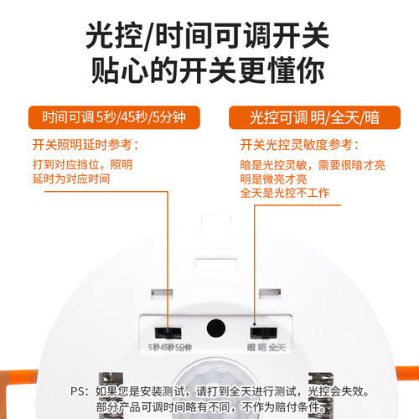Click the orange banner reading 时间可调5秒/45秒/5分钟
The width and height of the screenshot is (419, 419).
[x=108, y=116]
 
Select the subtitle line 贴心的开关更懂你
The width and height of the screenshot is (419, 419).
[x=209, y=72]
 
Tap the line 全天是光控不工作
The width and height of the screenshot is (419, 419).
[x=284, y=194]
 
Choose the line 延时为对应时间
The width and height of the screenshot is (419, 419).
[x=70, y=178]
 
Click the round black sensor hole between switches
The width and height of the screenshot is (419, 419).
[x=216, y=328]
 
